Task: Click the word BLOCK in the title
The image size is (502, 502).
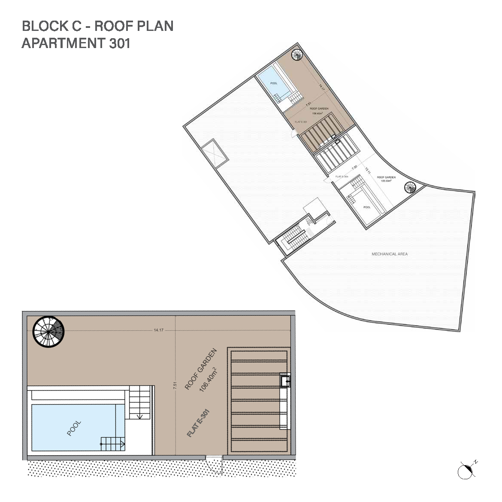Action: [44, 26]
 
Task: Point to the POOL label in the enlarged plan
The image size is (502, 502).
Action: [74, 428]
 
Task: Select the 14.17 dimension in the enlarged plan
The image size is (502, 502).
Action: [158, 330]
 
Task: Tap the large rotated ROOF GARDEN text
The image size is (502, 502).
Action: [201, 369]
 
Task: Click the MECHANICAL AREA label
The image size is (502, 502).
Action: [389, 254]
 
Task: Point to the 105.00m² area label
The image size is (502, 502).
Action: [386, 181]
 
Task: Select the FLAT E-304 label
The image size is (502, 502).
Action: [342, 176]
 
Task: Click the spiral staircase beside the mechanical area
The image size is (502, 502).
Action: [410, 188]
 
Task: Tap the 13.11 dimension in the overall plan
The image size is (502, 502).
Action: [367, 170]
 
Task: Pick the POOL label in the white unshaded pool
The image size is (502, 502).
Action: [367, 207]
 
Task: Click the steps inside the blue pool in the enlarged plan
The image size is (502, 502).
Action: [113, 443]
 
